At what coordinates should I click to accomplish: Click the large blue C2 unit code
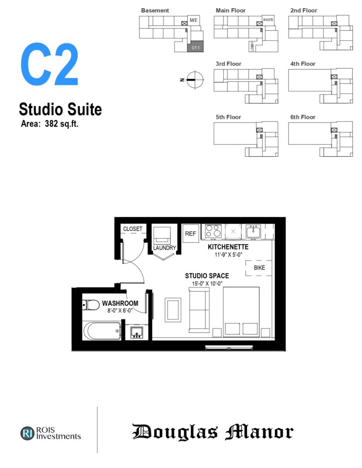[x=49, y=64]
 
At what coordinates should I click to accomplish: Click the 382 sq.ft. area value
[x=62, y=123]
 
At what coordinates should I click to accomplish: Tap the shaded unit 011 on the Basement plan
[x=195, y=47]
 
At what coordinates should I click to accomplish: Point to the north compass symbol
[x=195, y=80]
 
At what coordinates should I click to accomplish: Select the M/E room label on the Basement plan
[x=194, y=20]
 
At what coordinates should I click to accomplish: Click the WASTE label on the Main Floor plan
[x=268, y=20]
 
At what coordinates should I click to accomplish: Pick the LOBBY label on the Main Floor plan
[x=253, y=47]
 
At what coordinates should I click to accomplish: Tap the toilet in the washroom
[x=91, y=305]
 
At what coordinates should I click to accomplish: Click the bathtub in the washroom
[x=102, y=331]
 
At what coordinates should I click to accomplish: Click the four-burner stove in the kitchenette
[x=213, y=231]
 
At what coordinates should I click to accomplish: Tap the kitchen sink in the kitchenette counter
[x=254, y=231]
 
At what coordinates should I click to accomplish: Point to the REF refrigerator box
[x=190, y=234]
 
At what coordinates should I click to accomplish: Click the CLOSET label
[x=133, y=229]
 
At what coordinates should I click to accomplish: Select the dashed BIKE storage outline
[x=259, y=268]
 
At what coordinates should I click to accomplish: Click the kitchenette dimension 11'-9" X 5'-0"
[x=228, y=255]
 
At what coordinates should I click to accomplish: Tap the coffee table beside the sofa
[x=173, y=310]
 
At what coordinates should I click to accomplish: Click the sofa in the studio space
[x=199, y=310]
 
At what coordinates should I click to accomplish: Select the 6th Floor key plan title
[x=303, y=117]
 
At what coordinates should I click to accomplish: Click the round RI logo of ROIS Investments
[x=27, y=433]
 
